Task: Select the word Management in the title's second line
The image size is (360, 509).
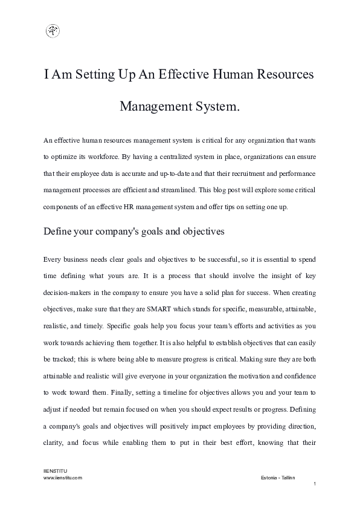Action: coord(153,108)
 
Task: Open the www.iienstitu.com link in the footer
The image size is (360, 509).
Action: coord(63,477)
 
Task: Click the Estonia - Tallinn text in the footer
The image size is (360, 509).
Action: coord(278,477)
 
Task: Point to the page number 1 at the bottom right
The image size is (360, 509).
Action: coord(315,484)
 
